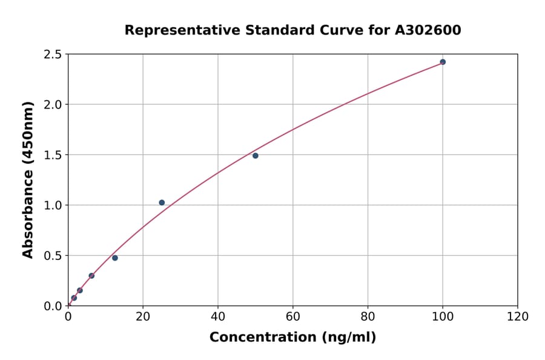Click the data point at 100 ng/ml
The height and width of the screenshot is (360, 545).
[x=443, y=62]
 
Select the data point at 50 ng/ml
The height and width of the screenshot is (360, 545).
[x=256, y=156]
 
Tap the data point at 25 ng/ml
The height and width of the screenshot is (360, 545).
[x=162, y=202]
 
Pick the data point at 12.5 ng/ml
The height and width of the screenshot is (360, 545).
[x=115, y=258]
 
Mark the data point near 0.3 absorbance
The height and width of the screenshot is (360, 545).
[x=91, y=276]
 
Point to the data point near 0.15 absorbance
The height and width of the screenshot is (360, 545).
[x=80, y=290]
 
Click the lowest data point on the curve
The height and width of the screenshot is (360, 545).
[x=74, y=298]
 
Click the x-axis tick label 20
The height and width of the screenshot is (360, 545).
[x=143, y=316]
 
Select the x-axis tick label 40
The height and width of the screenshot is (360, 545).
[x=218, y=316]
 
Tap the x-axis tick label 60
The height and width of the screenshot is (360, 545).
[x=292, y=316]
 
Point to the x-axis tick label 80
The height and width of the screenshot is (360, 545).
[x=368, y=316]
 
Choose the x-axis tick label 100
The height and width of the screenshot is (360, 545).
[x=443, y=316]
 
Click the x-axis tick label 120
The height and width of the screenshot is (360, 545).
[x=518, y=316]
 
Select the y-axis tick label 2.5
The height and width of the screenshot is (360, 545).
[x=53, y=55]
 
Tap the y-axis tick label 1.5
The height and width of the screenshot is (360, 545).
[x=53, y=155]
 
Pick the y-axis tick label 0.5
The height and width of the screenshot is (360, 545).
[x=53, y=256]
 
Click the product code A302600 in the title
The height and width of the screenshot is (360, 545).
[x=428, y=30]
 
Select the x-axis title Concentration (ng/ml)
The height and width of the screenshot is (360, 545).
[x=292, y=338]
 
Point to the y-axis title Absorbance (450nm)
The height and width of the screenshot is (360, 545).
[x=28, y=179]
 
